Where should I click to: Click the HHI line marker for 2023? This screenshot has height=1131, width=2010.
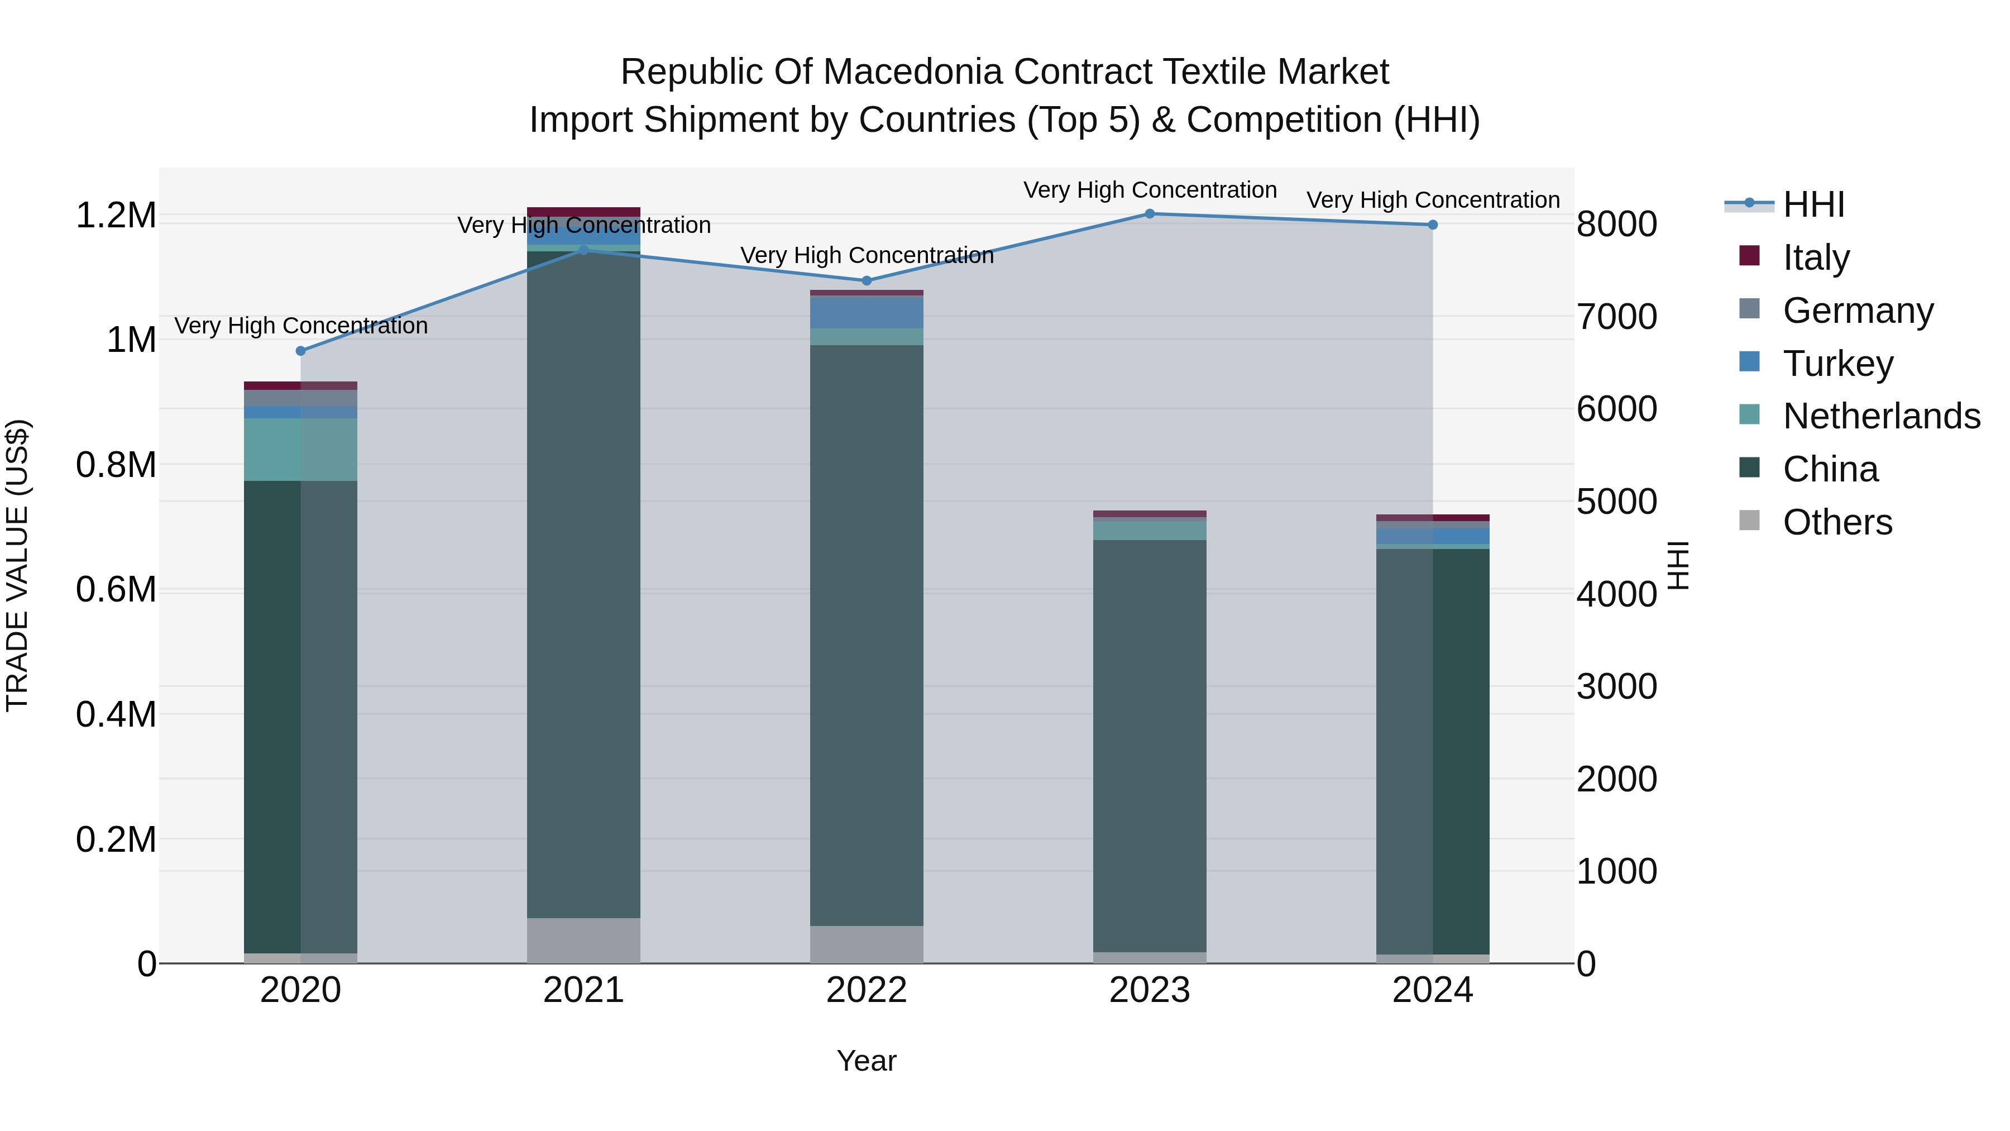tap(1150, 214)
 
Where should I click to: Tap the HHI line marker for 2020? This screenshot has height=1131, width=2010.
tap(301, 351)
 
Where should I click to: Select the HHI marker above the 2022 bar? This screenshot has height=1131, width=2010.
tap(866, 281)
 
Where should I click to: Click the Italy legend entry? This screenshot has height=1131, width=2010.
tap(1815, 257)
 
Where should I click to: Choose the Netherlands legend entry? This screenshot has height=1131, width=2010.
tap(1880, 416)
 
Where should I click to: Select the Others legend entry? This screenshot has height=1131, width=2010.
tap(1837, 522)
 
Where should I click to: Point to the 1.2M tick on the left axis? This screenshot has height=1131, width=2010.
tap(116, 216)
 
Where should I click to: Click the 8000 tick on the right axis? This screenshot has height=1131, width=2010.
tap(1616, 225)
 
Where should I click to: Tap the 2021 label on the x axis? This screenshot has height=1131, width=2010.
tap(583, 991)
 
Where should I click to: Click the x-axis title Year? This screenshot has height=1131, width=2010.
tap(866, 1062)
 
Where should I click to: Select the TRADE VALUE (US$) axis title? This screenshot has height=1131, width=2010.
tap(17, 565)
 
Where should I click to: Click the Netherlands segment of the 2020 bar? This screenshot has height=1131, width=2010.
tap(300, 450)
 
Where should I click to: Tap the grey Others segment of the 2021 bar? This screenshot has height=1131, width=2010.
tap(583, 941)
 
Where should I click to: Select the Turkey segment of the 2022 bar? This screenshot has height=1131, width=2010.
tap(866, 312)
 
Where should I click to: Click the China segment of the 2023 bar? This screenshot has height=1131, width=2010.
tap(1150, 746)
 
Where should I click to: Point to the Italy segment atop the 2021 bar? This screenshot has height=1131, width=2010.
tap(583, 212)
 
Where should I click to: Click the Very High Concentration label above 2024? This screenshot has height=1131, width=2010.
tap(1433, 201)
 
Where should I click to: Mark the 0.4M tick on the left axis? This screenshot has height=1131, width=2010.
tap(116, 715)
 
